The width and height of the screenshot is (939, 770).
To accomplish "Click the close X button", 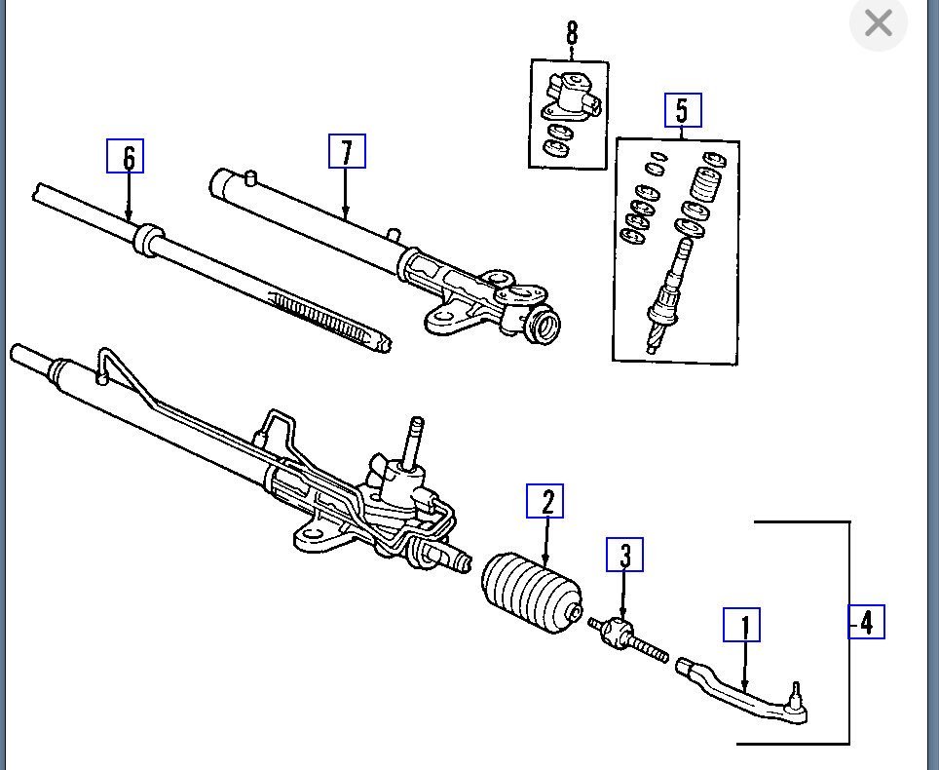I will coord(878,23).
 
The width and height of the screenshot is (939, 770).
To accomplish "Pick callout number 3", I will coord(624,555).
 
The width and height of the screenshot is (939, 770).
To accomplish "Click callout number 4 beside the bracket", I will coord(866,621).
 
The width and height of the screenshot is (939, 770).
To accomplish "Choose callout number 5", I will coord(682,110).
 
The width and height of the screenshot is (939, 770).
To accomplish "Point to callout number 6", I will coord(126,156).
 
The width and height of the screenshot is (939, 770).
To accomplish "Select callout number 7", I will coord(347,151).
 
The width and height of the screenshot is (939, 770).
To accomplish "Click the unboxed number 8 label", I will coord(571,33).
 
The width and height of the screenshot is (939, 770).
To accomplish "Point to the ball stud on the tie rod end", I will coord(797,694).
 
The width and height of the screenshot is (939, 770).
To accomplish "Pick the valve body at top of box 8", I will coord(568,94).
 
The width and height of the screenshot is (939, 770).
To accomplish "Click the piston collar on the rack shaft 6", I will coord(146,241).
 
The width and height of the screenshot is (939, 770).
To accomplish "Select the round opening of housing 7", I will coord(547,324).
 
